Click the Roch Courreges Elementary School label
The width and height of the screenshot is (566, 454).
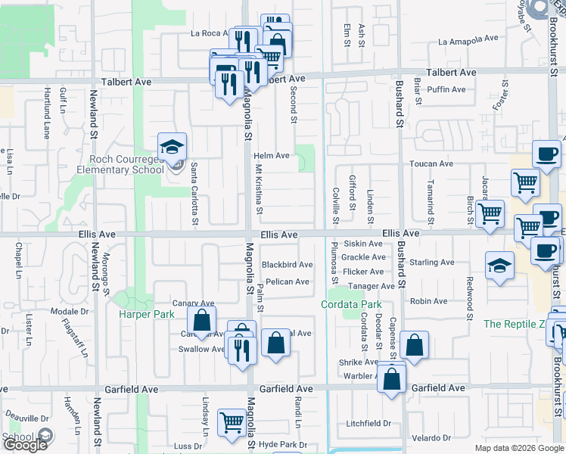click(126, 164)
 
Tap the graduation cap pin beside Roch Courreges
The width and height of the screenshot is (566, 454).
click(173, 147)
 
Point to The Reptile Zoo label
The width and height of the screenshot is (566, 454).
click(514, 324)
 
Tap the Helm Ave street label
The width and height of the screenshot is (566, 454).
click(272, 156)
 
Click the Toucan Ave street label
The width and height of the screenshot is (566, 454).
click(431, 163)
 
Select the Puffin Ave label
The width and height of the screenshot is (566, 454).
click(446, 89)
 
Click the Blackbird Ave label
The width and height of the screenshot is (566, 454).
click(287, 265)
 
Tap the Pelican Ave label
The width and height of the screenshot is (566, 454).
click(287, 282)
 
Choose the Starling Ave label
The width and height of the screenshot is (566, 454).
click(431, 263)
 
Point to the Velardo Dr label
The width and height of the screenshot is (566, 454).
click(431, 438)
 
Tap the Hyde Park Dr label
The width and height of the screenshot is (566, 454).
click(282, 445)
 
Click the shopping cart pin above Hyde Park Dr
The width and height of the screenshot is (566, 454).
click(232, 422)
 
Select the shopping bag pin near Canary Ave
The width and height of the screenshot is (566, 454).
click(202, 319)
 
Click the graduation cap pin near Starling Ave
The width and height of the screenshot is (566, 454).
click(498, 265)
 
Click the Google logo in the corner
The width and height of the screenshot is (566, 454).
click(24, 445)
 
